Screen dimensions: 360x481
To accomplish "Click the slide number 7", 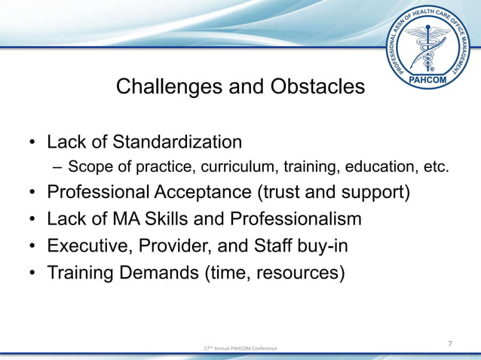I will coord(450,343).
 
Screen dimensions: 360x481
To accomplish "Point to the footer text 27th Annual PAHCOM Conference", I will coord(240,348).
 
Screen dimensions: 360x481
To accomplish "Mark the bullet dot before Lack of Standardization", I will coord(33,142).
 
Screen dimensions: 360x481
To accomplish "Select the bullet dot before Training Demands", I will coord(33,273).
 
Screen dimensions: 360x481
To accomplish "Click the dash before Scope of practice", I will coord(57,168).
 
